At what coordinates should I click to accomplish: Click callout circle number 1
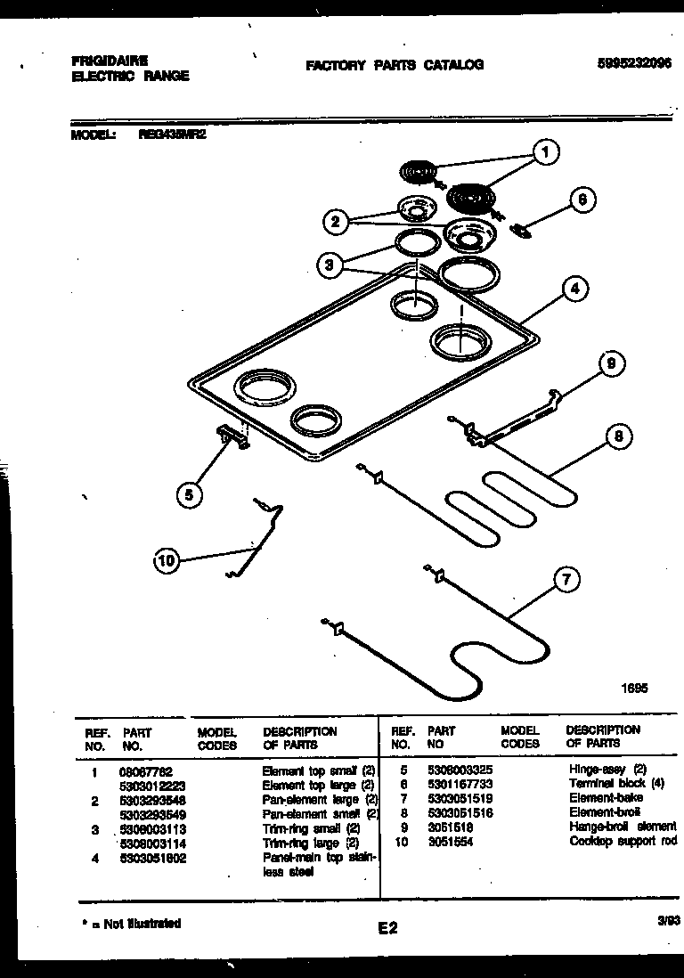[x=545, y=152]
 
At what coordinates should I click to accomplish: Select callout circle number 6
[x=581, y=200]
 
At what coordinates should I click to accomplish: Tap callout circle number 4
[x=575, y=289]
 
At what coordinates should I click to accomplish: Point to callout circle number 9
[x=610, y=363]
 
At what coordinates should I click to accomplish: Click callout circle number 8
[x=616, y=436]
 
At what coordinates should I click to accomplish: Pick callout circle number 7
[x=565, y=579]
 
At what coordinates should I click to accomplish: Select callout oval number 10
[x=166, y=560]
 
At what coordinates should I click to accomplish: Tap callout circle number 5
[x=189, y=493]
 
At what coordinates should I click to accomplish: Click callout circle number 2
[x=335, y=221]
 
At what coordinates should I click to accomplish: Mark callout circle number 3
[x=329, y=264]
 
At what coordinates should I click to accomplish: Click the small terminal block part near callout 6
[x=521, y=232]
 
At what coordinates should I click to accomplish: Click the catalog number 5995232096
[x=634, y=63]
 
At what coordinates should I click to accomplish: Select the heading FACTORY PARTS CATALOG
[x=395, y=65]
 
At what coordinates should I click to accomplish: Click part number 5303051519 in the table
[x=460, y=799]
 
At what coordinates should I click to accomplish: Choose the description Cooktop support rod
[x=623, y=841]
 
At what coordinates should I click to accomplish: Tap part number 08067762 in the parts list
[x=145, y=770]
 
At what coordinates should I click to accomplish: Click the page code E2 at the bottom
[x=387, y=929]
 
